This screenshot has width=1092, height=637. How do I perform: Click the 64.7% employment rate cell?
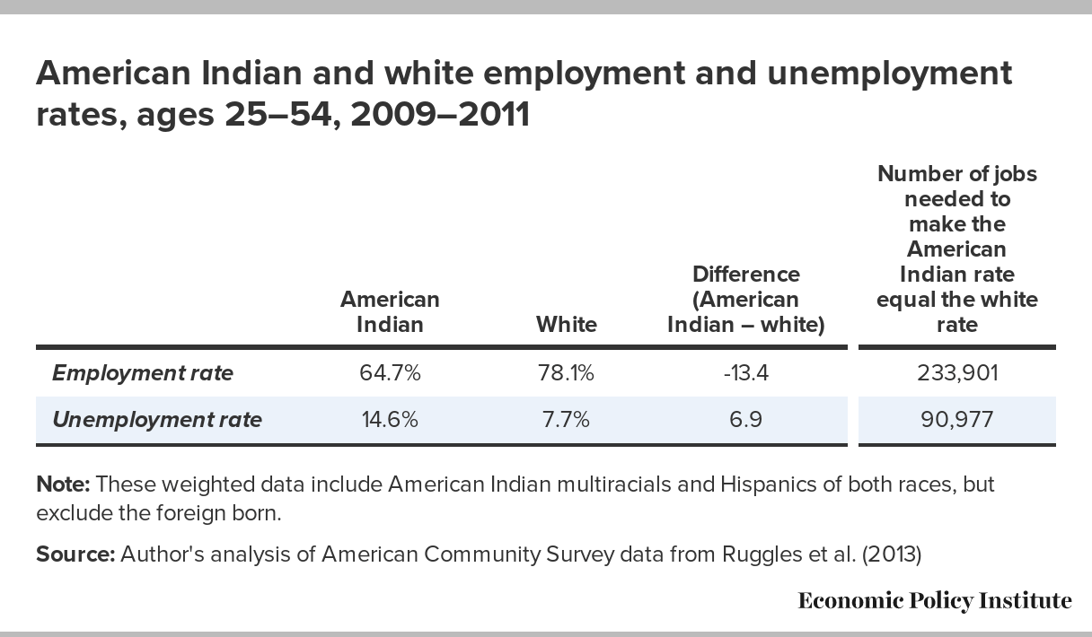pyautogui.click(x=389, y=372)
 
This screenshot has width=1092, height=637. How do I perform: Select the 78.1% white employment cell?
pyautogui.click(x=566, y=372)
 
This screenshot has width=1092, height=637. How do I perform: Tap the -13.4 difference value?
pyautogui.click(x=745, y=372)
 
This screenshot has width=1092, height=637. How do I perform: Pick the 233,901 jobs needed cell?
pyautogui.click(x=956, y=372)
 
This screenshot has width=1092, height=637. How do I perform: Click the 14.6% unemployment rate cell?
pyautogui.click(x=389, y=419)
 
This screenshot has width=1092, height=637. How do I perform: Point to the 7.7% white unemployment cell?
pyautogui.click(x=566, y=419)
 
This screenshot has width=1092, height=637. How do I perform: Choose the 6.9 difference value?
pyautogui.click(x=745, y=419)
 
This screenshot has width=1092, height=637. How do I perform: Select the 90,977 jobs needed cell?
pyautogui.click(x=956, y=419)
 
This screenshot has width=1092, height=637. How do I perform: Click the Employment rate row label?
pyautogui.click(x=142, y=373)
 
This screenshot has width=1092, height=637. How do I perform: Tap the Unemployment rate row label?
pyautogui.click(x=157, y=419)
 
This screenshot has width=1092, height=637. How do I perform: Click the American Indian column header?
pyautogui.click(x=389, y=311)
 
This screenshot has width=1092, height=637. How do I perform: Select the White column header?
pyautogui.click(x=566, y=324)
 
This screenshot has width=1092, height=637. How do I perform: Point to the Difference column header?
pyautogui.click(x=745, y=299)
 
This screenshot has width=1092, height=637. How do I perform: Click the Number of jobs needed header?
pyautogui.click(x=956, y=249)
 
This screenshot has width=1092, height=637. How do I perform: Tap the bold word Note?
pyautogui.click(x=63, y=485)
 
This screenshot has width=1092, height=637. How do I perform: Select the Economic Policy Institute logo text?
pyautogui.click(x=934, y=600)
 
